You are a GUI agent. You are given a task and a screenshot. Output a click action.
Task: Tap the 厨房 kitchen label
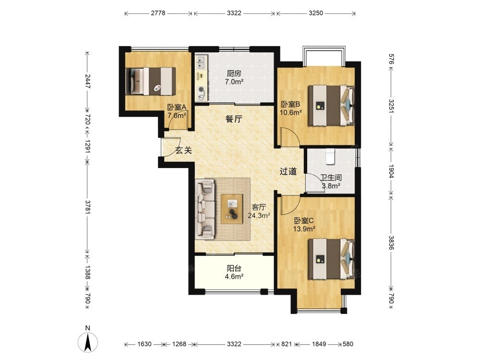click(234, 73)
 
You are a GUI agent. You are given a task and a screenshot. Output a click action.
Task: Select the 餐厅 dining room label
click(234, 119)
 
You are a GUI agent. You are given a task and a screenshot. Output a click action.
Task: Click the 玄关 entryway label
click(184, 150)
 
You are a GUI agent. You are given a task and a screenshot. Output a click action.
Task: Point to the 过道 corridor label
click(288, 171)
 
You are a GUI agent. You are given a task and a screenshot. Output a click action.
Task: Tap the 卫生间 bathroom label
click(331, 178)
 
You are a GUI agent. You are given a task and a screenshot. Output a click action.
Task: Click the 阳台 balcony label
click(234, 268)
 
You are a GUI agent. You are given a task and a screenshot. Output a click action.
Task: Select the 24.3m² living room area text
click(259, 215)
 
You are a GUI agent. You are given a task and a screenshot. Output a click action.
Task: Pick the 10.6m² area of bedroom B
click(291, 112)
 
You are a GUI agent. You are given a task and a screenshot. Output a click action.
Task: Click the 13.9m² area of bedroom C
click(304, 229)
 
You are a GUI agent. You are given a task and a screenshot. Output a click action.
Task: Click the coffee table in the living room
click(232, 209)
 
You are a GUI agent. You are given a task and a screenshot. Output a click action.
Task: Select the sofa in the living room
click(205, 209)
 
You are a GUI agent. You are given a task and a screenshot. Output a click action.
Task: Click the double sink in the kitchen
click(201, 62)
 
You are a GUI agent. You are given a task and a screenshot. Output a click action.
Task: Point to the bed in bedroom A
click(151, 81)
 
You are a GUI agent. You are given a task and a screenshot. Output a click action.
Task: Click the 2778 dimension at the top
click(158, 13)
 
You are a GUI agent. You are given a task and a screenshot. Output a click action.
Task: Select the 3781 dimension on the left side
click(88, 206)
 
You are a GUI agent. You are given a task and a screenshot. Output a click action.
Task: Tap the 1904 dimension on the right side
click(391, 171)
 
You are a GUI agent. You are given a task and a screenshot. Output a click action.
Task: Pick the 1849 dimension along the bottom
click(319, 344)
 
